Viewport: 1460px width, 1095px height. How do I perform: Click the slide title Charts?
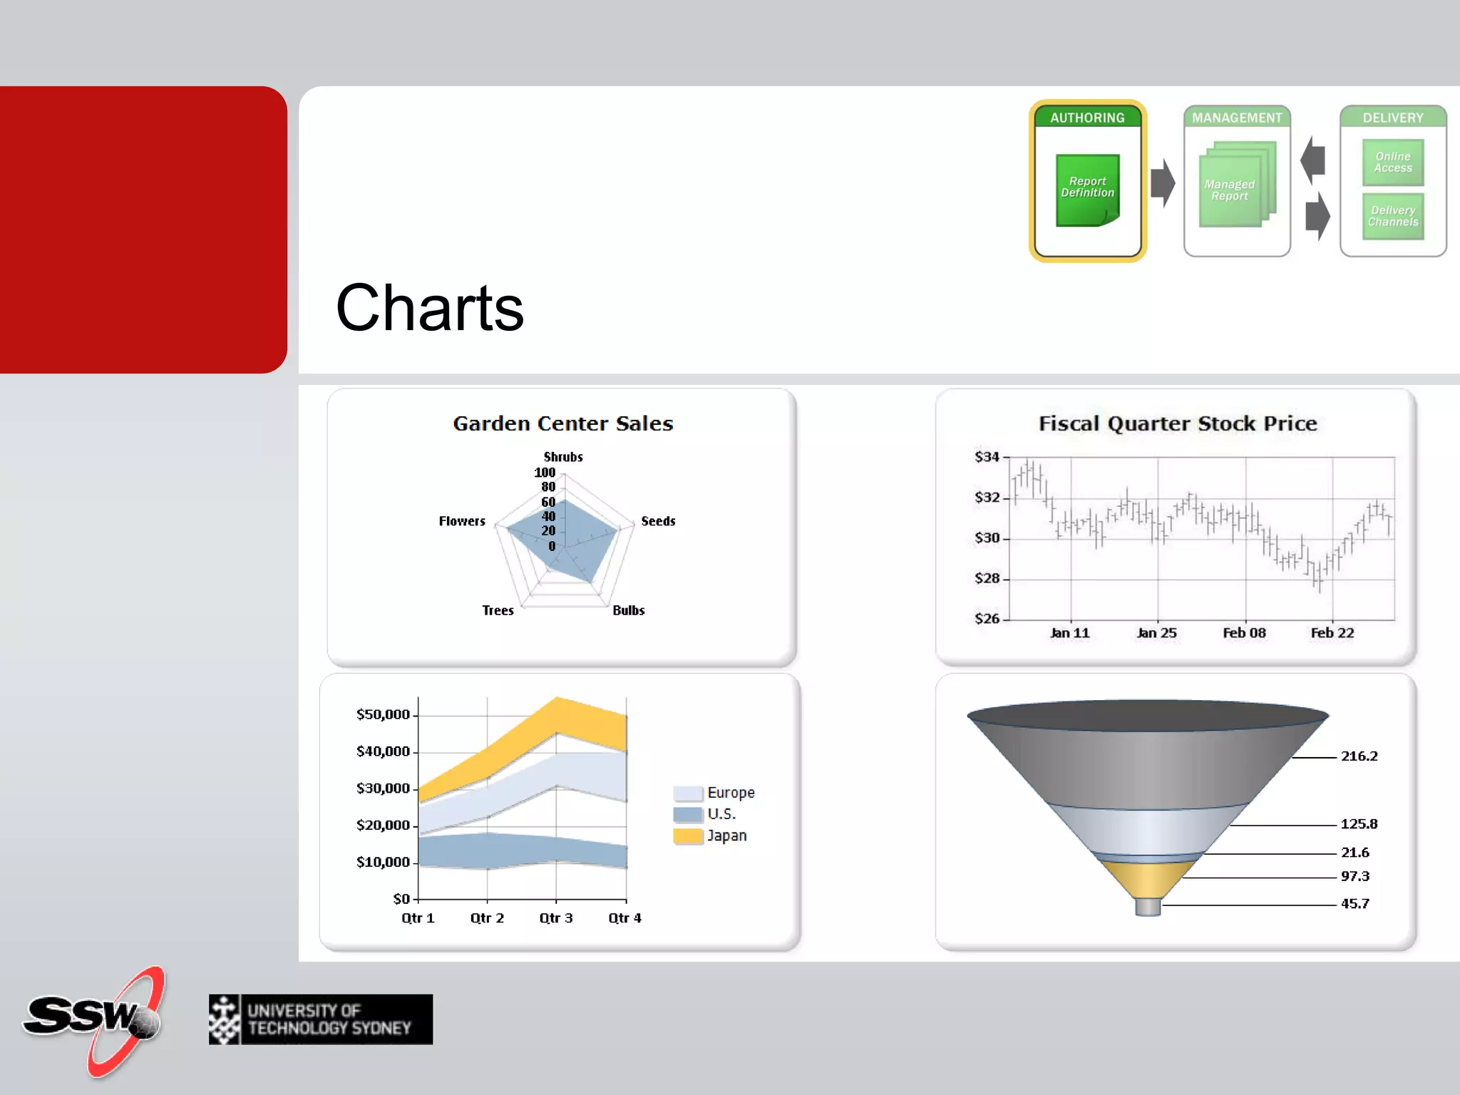coord(429,308)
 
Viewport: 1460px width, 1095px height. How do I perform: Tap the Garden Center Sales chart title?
coord(562,423)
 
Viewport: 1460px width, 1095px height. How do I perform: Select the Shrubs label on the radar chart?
coord(563,457)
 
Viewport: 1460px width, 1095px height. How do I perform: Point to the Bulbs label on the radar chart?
coord(628,610)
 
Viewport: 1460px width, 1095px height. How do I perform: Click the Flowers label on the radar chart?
coord(461,521)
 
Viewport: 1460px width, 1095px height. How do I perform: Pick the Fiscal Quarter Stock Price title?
coord(1177,423)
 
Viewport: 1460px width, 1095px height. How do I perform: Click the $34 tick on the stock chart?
coord(987,457)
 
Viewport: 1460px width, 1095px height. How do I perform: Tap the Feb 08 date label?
coord(1244,633)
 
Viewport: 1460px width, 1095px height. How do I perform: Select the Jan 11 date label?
coord(1069,633)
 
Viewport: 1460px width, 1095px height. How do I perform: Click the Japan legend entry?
coord(726,836)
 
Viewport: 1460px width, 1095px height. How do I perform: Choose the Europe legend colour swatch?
coord(687,793)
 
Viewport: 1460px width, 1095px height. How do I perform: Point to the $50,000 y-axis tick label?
coord(383,714)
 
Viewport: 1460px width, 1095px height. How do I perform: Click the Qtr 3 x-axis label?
coord(555,918)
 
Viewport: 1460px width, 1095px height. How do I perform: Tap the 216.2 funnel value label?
coord(1359,756)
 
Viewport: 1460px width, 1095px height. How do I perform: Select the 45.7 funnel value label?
coord(1354,904)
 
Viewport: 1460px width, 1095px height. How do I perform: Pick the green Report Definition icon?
coord(1087,190)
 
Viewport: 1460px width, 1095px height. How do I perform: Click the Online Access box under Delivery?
coord(1392,163)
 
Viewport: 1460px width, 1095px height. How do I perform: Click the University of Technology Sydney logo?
coord(321,1019)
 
